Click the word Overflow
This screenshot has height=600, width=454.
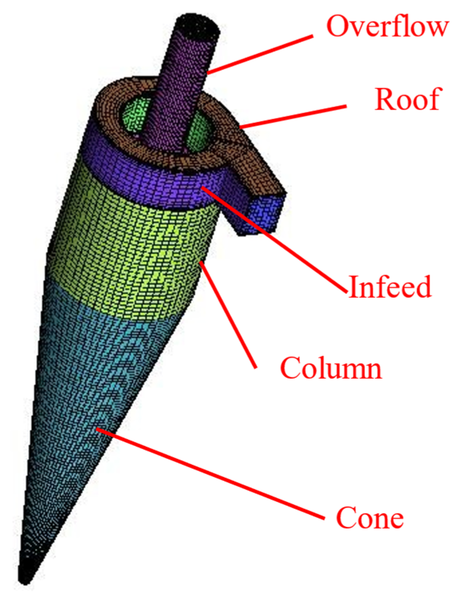point(387,26)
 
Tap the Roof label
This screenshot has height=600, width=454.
point(408,99)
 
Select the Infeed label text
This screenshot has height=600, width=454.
point(390,287)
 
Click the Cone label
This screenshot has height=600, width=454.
point(370,518)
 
